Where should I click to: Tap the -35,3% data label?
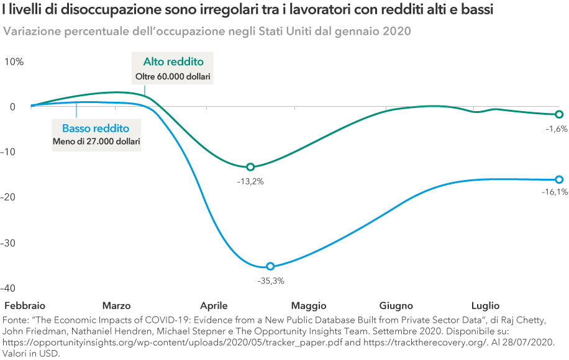click(270, 281)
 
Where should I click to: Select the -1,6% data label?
click(557, 128)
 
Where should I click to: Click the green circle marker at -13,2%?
click(250, 167)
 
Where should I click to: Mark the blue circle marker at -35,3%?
click(270, 266)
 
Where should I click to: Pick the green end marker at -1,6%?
click(559, 114)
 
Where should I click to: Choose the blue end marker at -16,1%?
click(559, 179)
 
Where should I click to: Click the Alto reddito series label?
click(173, 61)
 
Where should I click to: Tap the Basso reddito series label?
click(96, 128)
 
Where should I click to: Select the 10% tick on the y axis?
click(14, 61)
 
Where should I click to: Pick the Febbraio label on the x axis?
click(25, 306)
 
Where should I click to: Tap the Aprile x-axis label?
click(214, 306)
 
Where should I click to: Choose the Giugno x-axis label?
click(396, 306)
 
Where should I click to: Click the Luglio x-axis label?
click(485, 306)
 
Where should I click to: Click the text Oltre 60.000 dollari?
click(173, 76)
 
